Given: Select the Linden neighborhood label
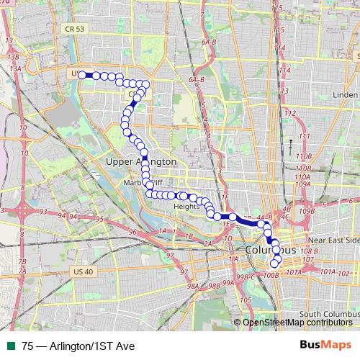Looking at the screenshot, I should coord(346,95).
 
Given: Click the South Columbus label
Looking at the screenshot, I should coord(328,314).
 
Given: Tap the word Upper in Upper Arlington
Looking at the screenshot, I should coord(120,162).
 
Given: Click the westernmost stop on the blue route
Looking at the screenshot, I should coord(82,74).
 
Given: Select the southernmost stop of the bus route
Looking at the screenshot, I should coord(274,263).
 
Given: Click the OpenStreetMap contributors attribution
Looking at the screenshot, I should coord(299,322).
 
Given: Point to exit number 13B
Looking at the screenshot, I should coord(12,56).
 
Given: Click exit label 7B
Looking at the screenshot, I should coord(22,261).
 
